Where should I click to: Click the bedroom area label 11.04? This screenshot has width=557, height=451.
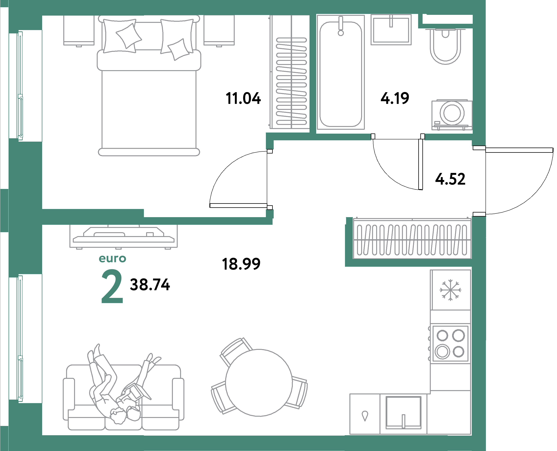[x=243, y=99]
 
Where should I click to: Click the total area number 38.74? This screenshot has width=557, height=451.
[x=150, y=285]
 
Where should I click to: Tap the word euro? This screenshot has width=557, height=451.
[x=112, y=259]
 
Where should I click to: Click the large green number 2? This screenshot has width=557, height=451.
[x=112, y=286]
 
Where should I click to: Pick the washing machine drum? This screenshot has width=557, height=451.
[x=452, y=113]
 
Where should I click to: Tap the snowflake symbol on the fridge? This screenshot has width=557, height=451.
[x=450, y=290]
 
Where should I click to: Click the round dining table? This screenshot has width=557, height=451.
[x=259, y=383]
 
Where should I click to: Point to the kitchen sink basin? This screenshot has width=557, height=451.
[x=403, y=412]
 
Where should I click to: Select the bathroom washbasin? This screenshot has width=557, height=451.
[x=391, y=30]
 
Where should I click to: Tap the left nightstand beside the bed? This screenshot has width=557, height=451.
[x=79, y=30]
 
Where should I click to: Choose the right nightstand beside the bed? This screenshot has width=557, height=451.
[x=219, y=30]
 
